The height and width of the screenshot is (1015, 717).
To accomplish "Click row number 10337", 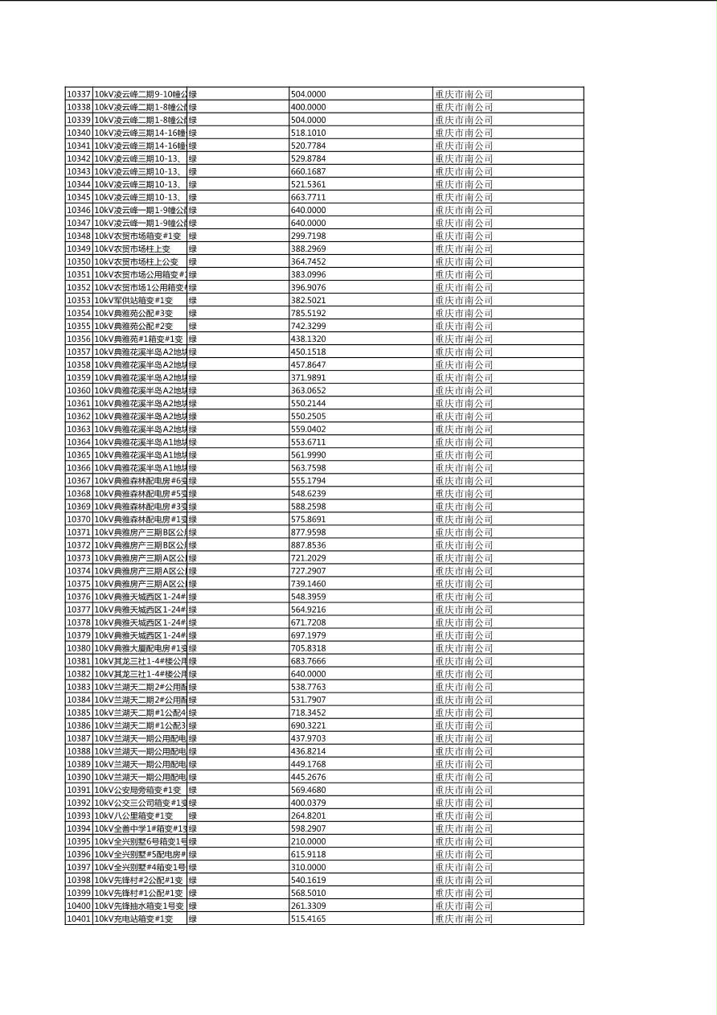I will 79,94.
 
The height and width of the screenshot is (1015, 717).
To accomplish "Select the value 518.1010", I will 308,133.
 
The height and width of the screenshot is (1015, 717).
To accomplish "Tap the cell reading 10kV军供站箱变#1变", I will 134,300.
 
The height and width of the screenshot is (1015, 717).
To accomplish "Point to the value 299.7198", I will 308,236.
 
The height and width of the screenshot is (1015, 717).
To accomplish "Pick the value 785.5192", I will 308,313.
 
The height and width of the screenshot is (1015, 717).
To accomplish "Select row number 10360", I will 79,390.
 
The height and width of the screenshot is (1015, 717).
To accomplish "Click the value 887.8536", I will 308,545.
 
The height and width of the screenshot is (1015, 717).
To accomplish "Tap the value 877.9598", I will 308,532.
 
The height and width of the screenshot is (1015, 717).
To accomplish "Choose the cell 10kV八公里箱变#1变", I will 134,816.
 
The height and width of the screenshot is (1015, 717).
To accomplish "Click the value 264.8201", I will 308,816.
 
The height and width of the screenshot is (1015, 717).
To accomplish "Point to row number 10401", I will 79,918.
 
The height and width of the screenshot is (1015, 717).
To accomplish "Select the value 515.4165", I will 308,918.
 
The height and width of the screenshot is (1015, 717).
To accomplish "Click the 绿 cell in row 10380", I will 193,648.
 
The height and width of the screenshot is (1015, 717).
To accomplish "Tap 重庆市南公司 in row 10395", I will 464,841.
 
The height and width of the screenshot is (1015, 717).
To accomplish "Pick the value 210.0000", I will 308,841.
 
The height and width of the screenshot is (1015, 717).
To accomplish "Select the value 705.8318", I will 308,648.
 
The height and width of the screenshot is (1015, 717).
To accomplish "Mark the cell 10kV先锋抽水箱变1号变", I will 139,906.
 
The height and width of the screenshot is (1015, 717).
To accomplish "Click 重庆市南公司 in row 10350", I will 464,261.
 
